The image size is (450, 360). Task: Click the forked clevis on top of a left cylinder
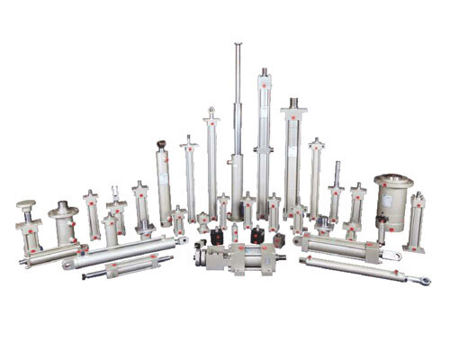[116, 191]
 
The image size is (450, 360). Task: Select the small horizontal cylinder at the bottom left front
[121, 269]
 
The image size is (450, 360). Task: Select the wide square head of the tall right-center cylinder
[292, 115]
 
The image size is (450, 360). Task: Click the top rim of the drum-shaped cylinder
[393, 177]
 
